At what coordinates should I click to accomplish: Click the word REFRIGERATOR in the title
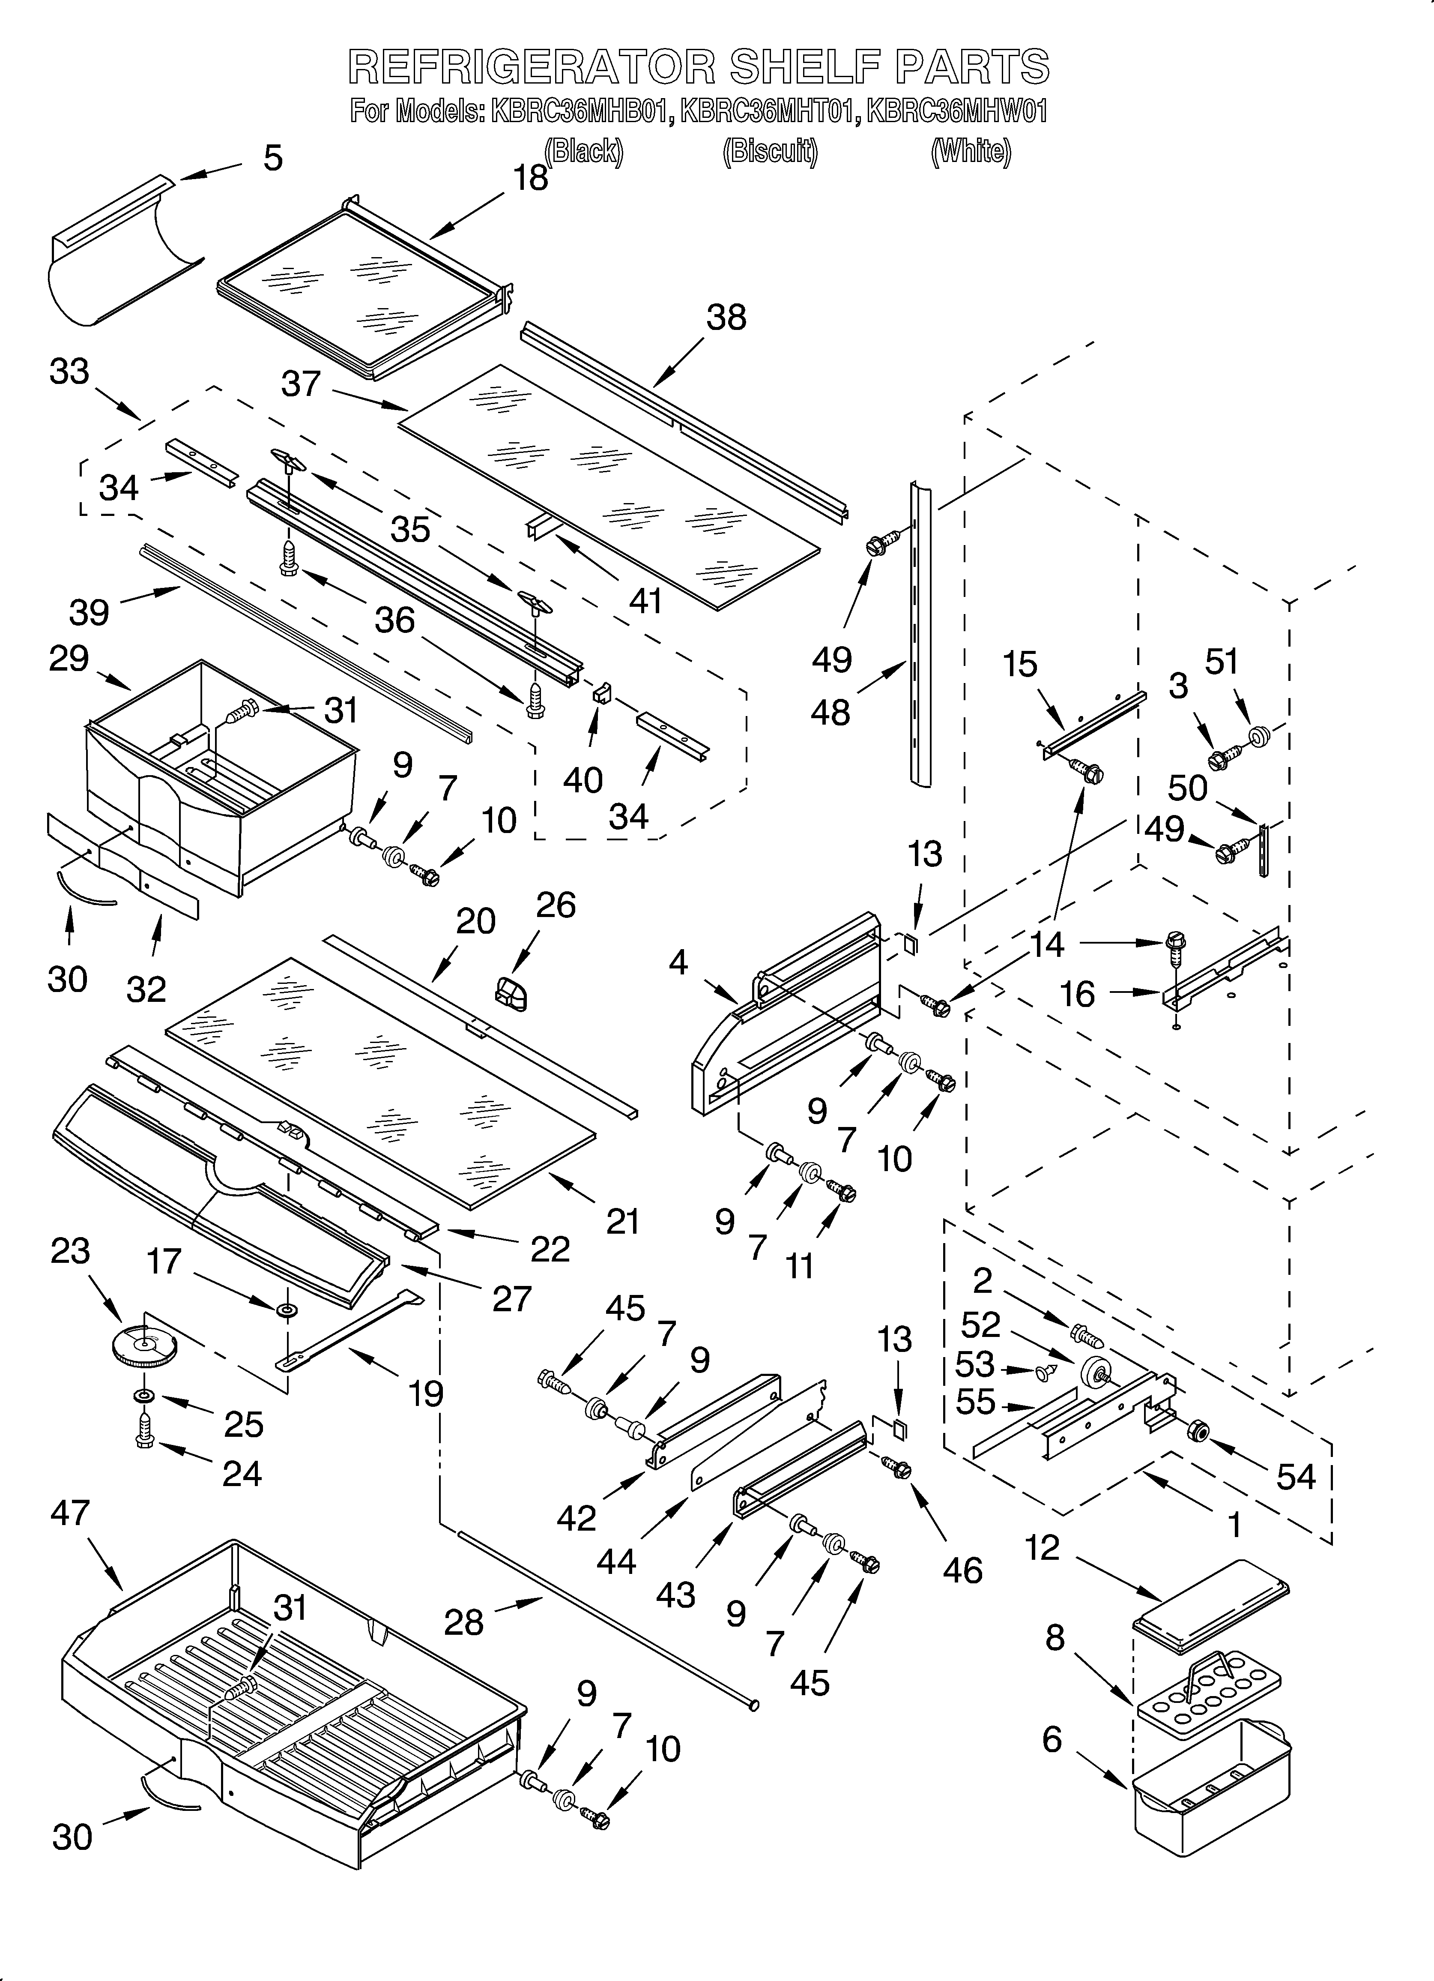tap(531, 67)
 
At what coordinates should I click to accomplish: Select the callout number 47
tap(70, 1513)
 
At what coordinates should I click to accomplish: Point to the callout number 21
tap(623, 1221)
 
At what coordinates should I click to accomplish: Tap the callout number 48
tap(830, 713)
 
